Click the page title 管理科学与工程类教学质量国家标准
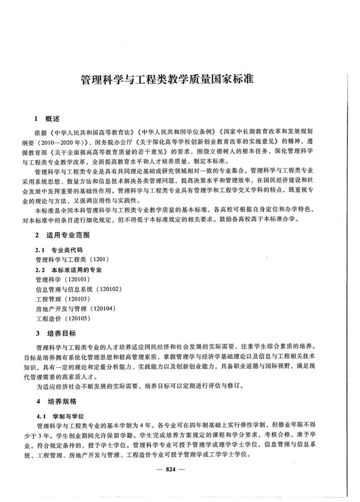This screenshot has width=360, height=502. point(166,80)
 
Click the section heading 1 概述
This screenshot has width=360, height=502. point(47,120)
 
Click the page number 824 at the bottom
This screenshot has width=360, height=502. point(171,469)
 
